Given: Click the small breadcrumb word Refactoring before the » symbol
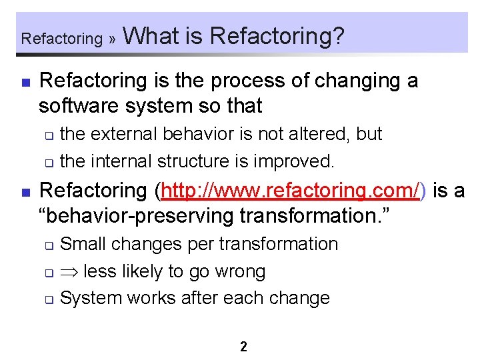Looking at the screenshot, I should tap(61, 39).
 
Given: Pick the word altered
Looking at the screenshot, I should tap(317, 134).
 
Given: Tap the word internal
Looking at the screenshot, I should tap(121, 161).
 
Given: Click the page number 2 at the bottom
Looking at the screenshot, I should tap(243, 347).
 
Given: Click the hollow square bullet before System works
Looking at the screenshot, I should tap(49, 299).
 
